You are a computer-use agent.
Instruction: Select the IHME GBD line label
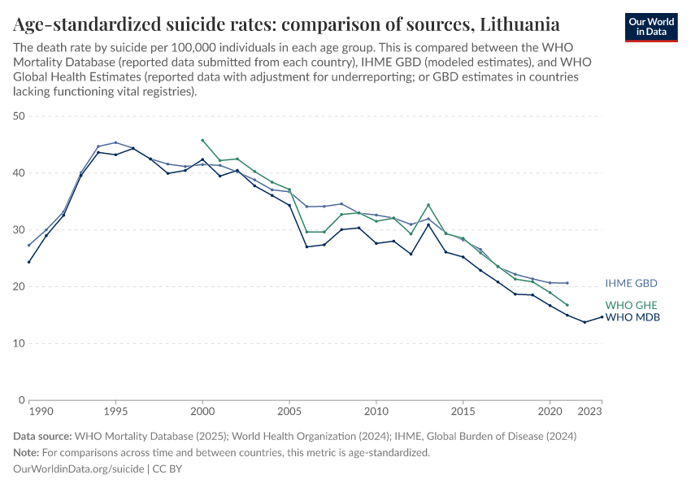coord(631,283)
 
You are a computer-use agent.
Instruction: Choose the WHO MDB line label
coord(632,317)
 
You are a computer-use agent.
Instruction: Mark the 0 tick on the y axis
coord(20,400)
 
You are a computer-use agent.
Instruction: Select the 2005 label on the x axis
coord(289,412)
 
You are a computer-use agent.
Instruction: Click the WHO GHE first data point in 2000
coord(202,140)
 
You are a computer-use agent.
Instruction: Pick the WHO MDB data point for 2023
coord(602,316)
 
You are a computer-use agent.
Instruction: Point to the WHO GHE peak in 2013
coord(428,204)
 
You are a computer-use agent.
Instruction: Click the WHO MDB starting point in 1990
coord(28,262)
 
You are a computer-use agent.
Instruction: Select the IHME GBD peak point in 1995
coord(115,142)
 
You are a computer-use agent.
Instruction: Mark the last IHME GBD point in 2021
coord(567,283)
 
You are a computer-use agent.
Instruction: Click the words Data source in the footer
coord(42,436)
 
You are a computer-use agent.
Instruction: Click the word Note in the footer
coord(27,452)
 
